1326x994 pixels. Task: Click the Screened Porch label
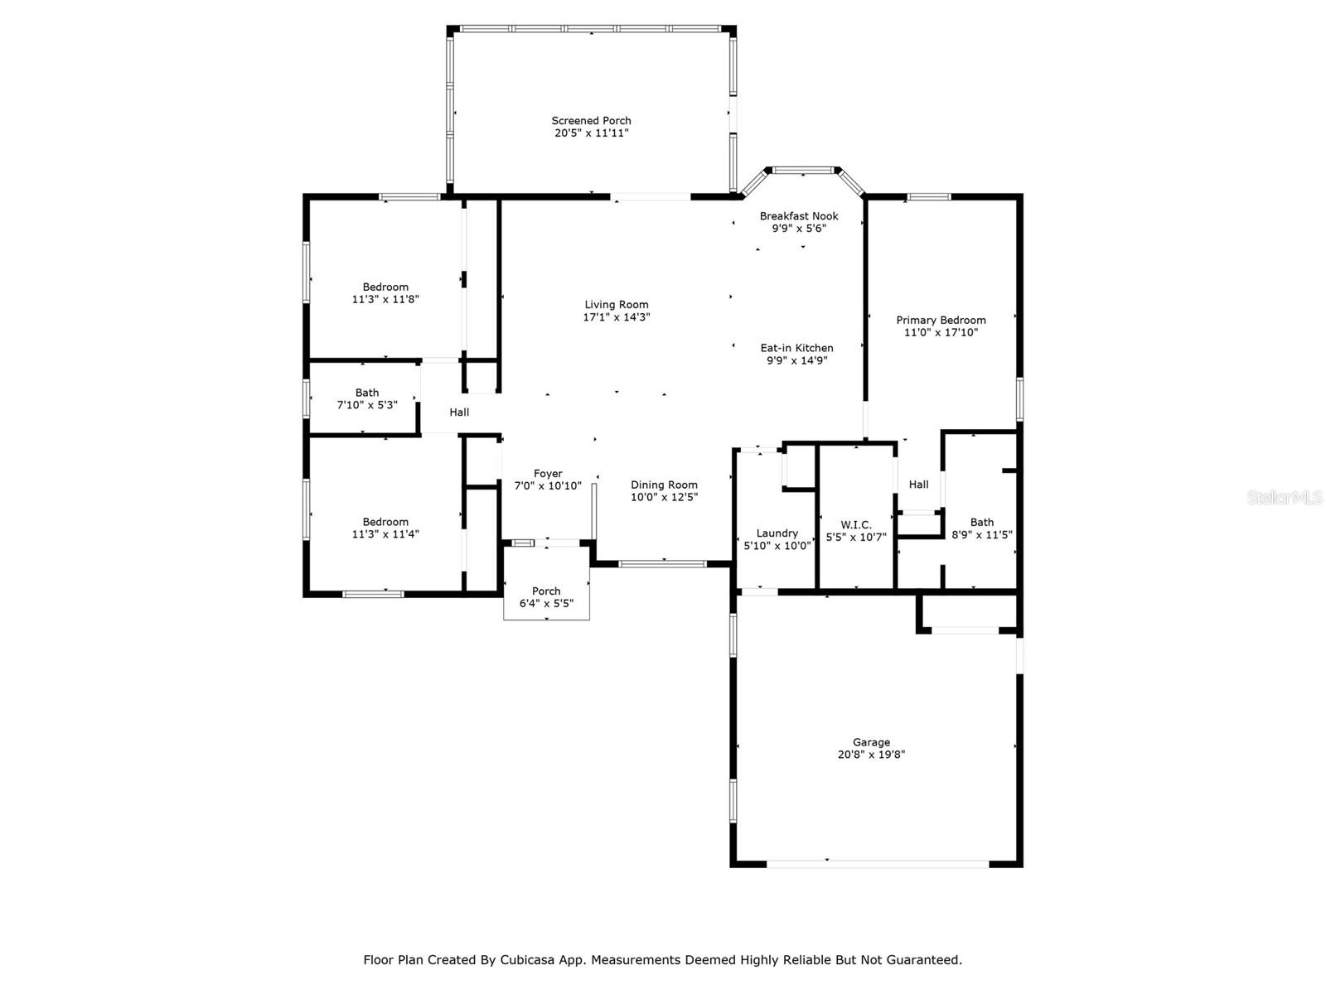(x=591, y=121)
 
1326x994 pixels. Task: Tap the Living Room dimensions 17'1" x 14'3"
(x=617, y=317)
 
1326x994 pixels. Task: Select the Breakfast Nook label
(x=799, y=216)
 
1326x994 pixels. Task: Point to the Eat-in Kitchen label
(x=796, y=348)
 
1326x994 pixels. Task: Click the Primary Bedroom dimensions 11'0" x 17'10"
(x=941, y=332)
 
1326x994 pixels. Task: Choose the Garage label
(x=871, y=742)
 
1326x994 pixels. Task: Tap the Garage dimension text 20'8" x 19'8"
(x=871, y=755)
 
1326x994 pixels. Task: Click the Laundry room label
(x=777, y=533)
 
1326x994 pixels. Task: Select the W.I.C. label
(x=856, y=525)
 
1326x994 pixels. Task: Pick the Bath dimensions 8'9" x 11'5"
(x=982, y=535)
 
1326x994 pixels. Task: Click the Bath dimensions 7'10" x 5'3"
(x=366, y=405)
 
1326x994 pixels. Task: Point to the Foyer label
(x=547, y=474)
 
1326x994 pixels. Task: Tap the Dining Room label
(x=664, y=485)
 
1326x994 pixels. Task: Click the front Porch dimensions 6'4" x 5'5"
(x=546, y=603)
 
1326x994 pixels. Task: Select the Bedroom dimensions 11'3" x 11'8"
(x=385, y=299)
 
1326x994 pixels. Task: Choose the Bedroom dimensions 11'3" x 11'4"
(x=385, y=533)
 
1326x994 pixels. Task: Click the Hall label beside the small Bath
(x=459, y=413)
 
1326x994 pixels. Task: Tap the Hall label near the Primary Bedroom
(x=918, y=484)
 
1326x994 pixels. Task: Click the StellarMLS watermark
(x=1285, y=497)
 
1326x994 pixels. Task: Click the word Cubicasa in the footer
(x=527, y=959)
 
